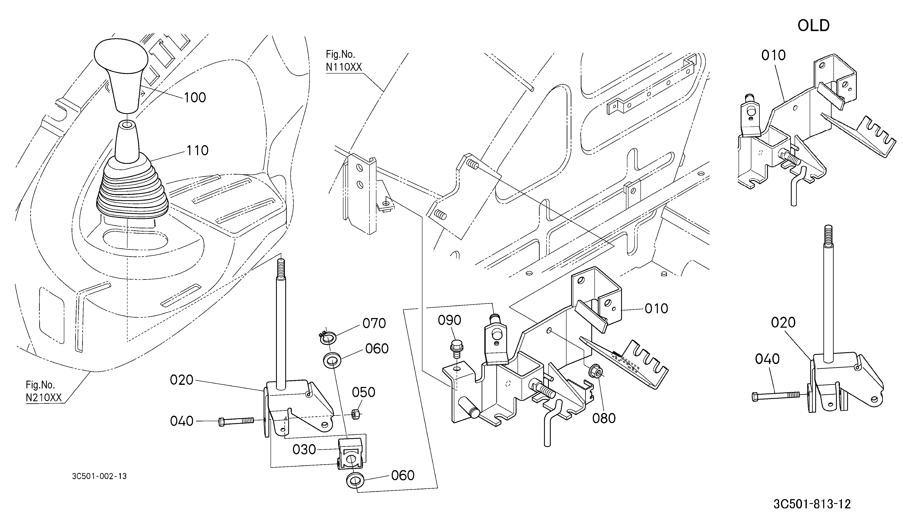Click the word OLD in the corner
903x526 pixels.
point(814,25)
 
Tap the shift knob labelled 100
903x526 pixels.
point(121,75)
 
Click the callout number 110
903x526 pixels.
point(197,150)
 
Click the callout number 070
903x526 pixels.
point(374,323)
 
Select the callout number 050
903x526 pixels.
point(363,392)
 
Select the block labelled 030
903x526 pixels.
point(351,454)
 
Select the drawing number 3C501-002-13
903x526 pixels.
point(99,476)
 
